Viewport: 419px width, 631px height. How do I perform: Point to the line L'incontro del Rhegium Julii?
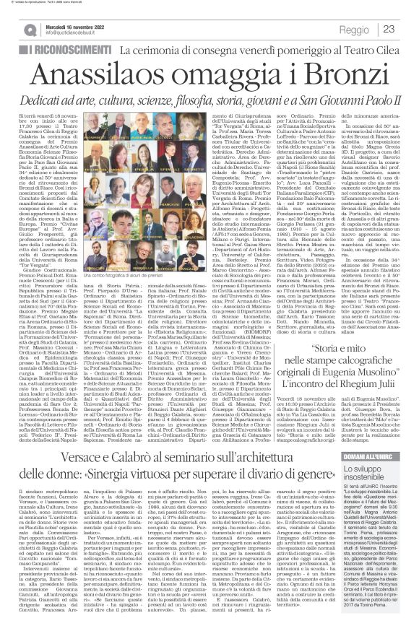(332, 390)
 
